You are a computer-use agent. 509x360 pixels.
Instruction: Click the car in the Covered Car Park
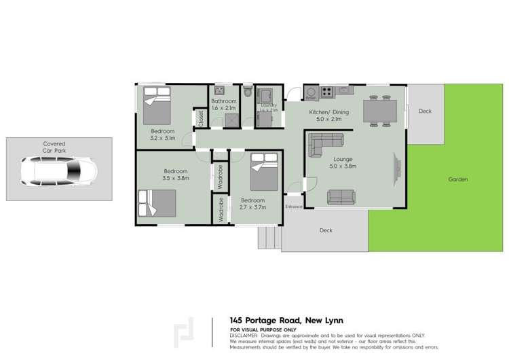pyautogui.click(x=58, y=171)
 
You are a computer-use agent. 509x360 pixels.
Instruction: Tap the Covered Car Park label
pyautogui.click(x=59, y=147)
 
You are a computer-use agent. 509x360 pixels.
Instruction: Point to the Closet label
pyautogui.click(x=201, y=118)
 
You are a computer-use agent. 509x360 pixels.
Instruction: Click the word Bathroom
pyautogui.click(x=223, y=101)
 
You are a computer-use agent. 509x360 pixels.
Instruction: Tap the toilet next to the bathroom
pyautogui.click(x=248, y=90)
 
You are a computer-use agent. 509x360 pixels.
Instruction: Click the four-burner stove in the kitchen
pyautogui.click(x=327, y=92)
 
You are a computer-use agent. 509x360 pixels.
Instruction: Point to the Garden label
pyautogui.click(x=458, y=179)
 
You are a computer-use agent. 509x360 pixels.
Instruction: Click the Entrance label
pyautogui.click(x=293, y=206)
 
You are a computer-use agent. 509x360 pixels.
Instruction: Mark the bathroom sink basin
pyautogui.click(x=221, y=90)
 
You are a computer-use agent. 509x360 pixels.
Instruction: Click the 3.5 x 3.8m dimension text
pyautogui.click(x=176, y=179)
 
